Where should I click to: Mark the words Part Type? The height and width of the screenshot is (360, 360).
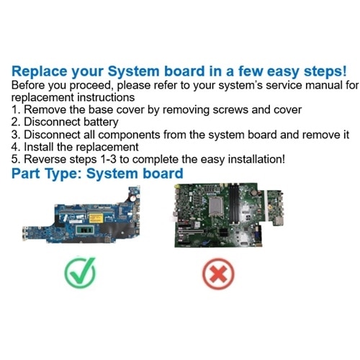tap(50, 174)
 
